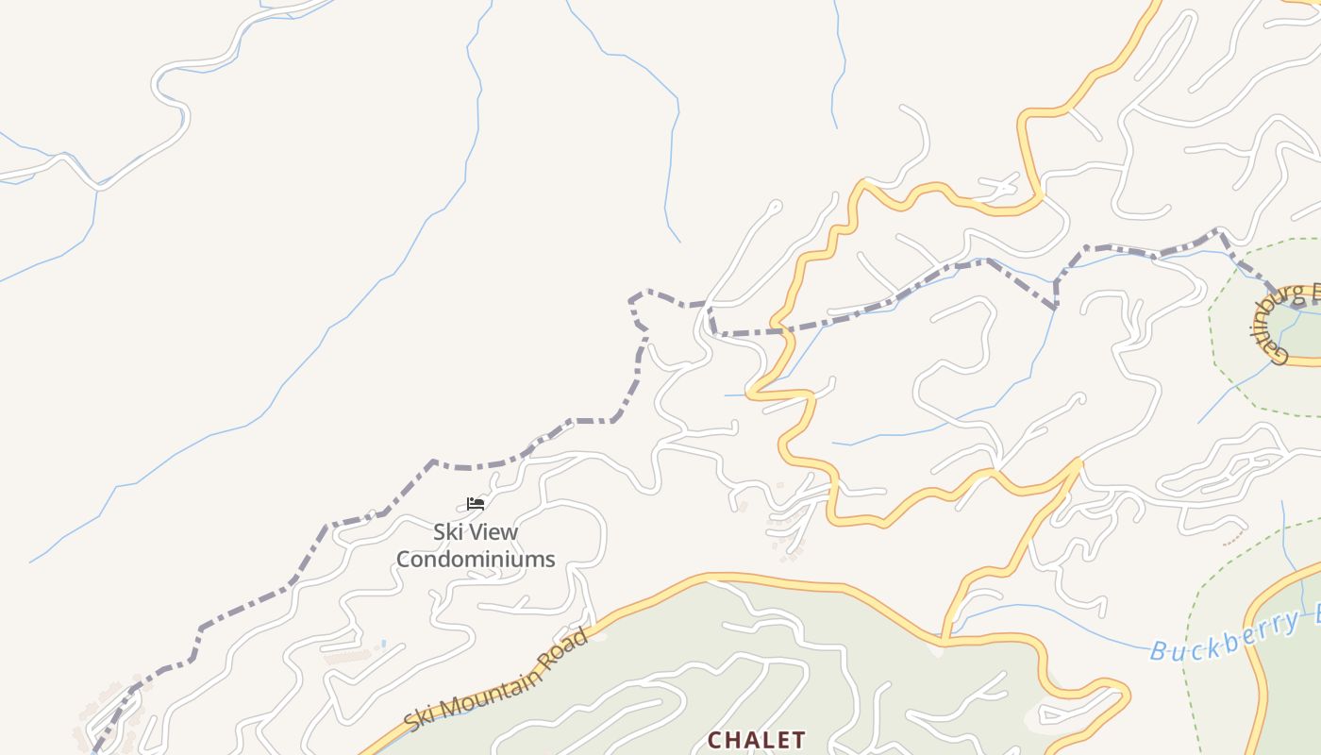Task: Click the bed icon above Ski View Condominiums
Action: [476, 504]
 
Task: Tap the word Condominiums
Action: [476, 559]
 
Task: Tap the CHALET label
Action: [757, 740]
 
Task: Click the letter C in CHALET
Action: [714, 740]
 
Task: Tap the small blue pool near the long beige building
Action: [383, 645]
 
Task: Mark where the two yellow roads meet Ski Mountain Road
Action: [944, 642]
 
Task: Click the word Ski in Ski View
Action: [449, 531]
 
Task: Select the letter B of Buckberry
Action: [1161, 650]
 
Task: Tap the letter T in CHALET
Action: [798, 740]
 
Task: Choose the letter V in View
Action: [478, 531]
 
